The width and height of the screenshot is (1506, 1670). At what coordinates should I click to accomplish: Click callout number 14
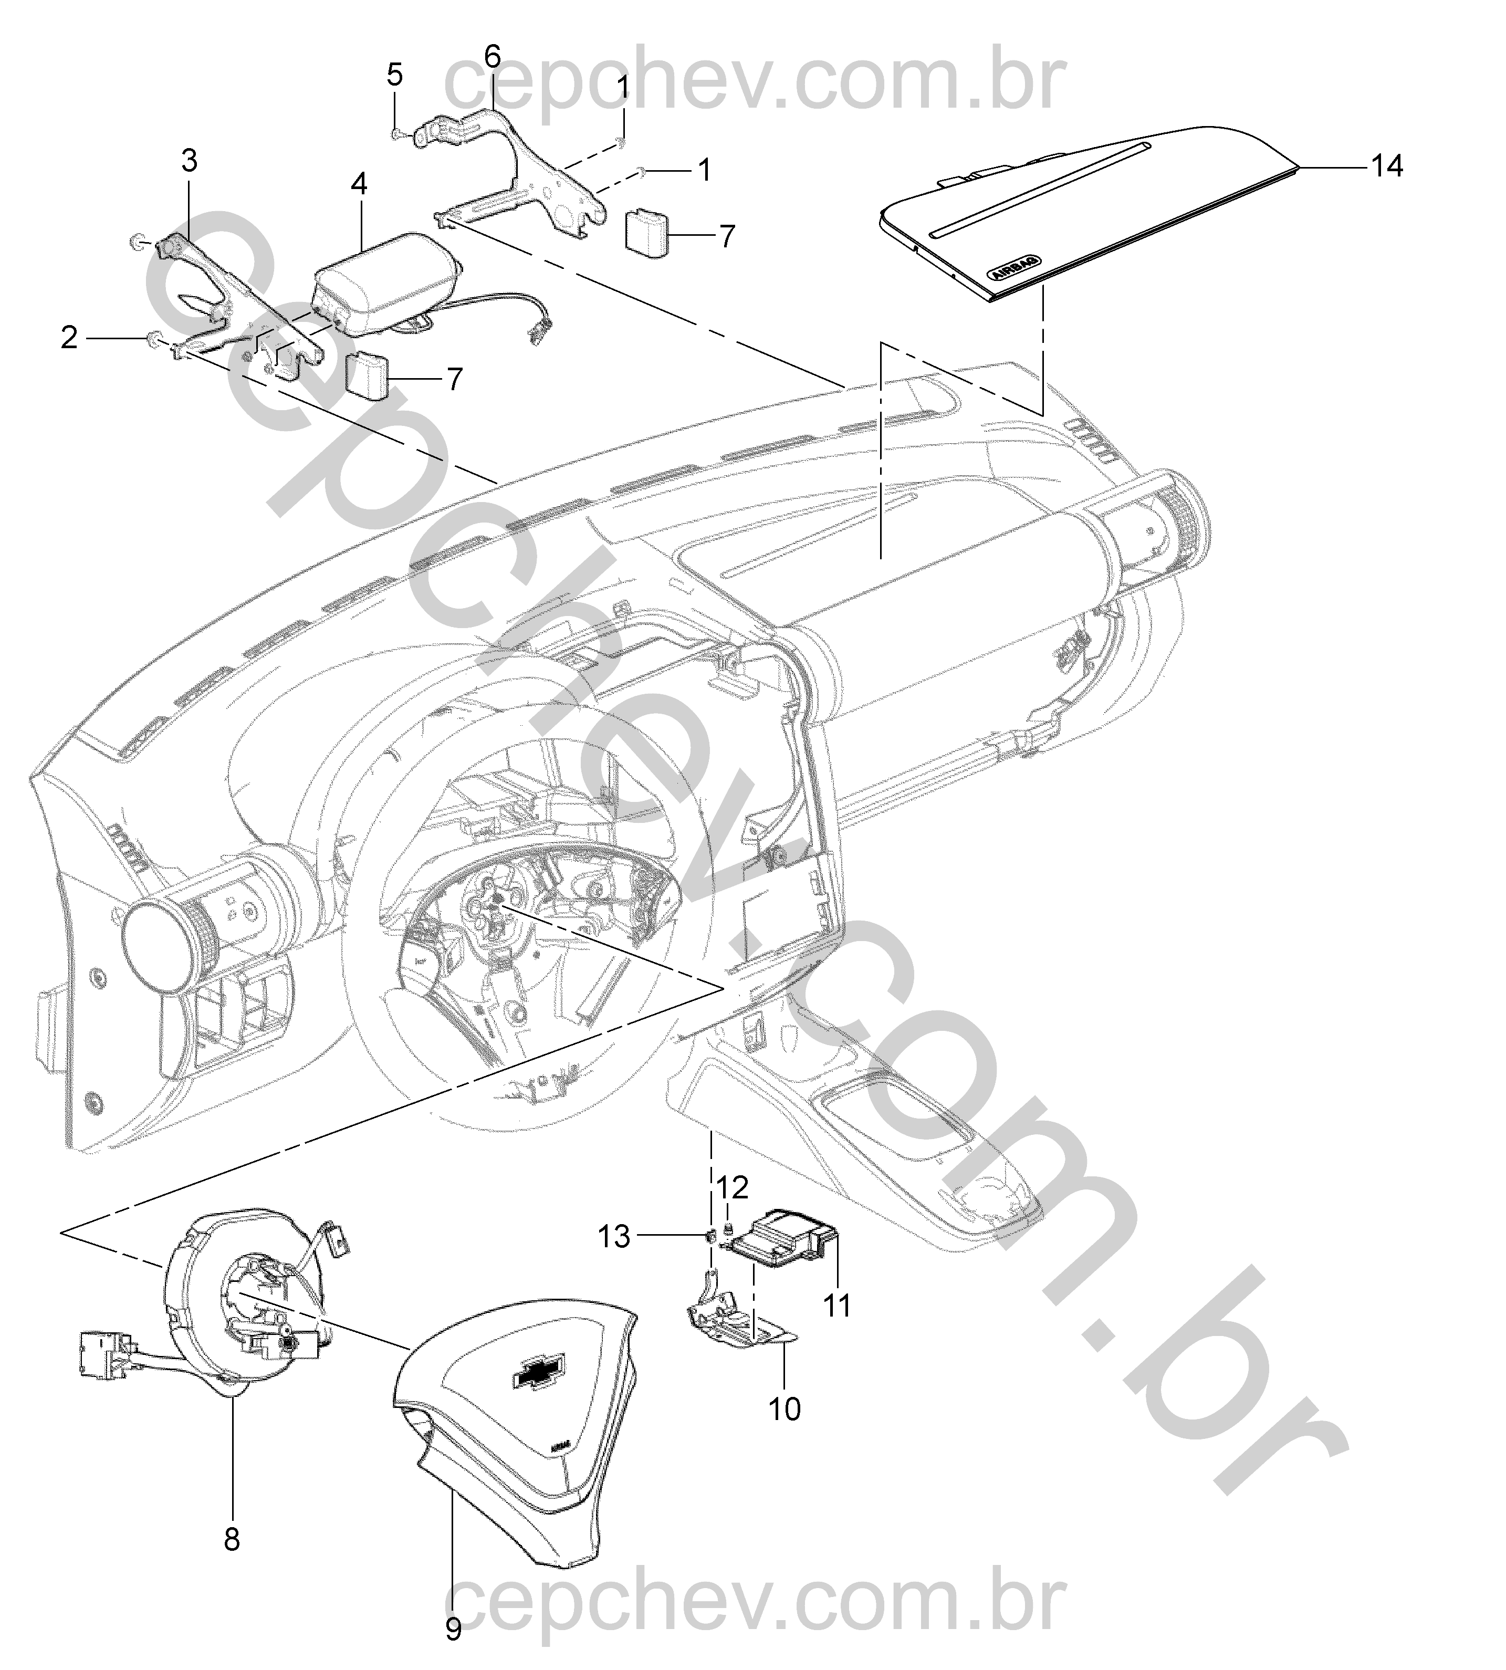[1388, 166]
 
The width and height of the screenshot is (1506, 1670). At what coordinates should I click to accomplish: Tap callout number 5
[395, 75]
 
